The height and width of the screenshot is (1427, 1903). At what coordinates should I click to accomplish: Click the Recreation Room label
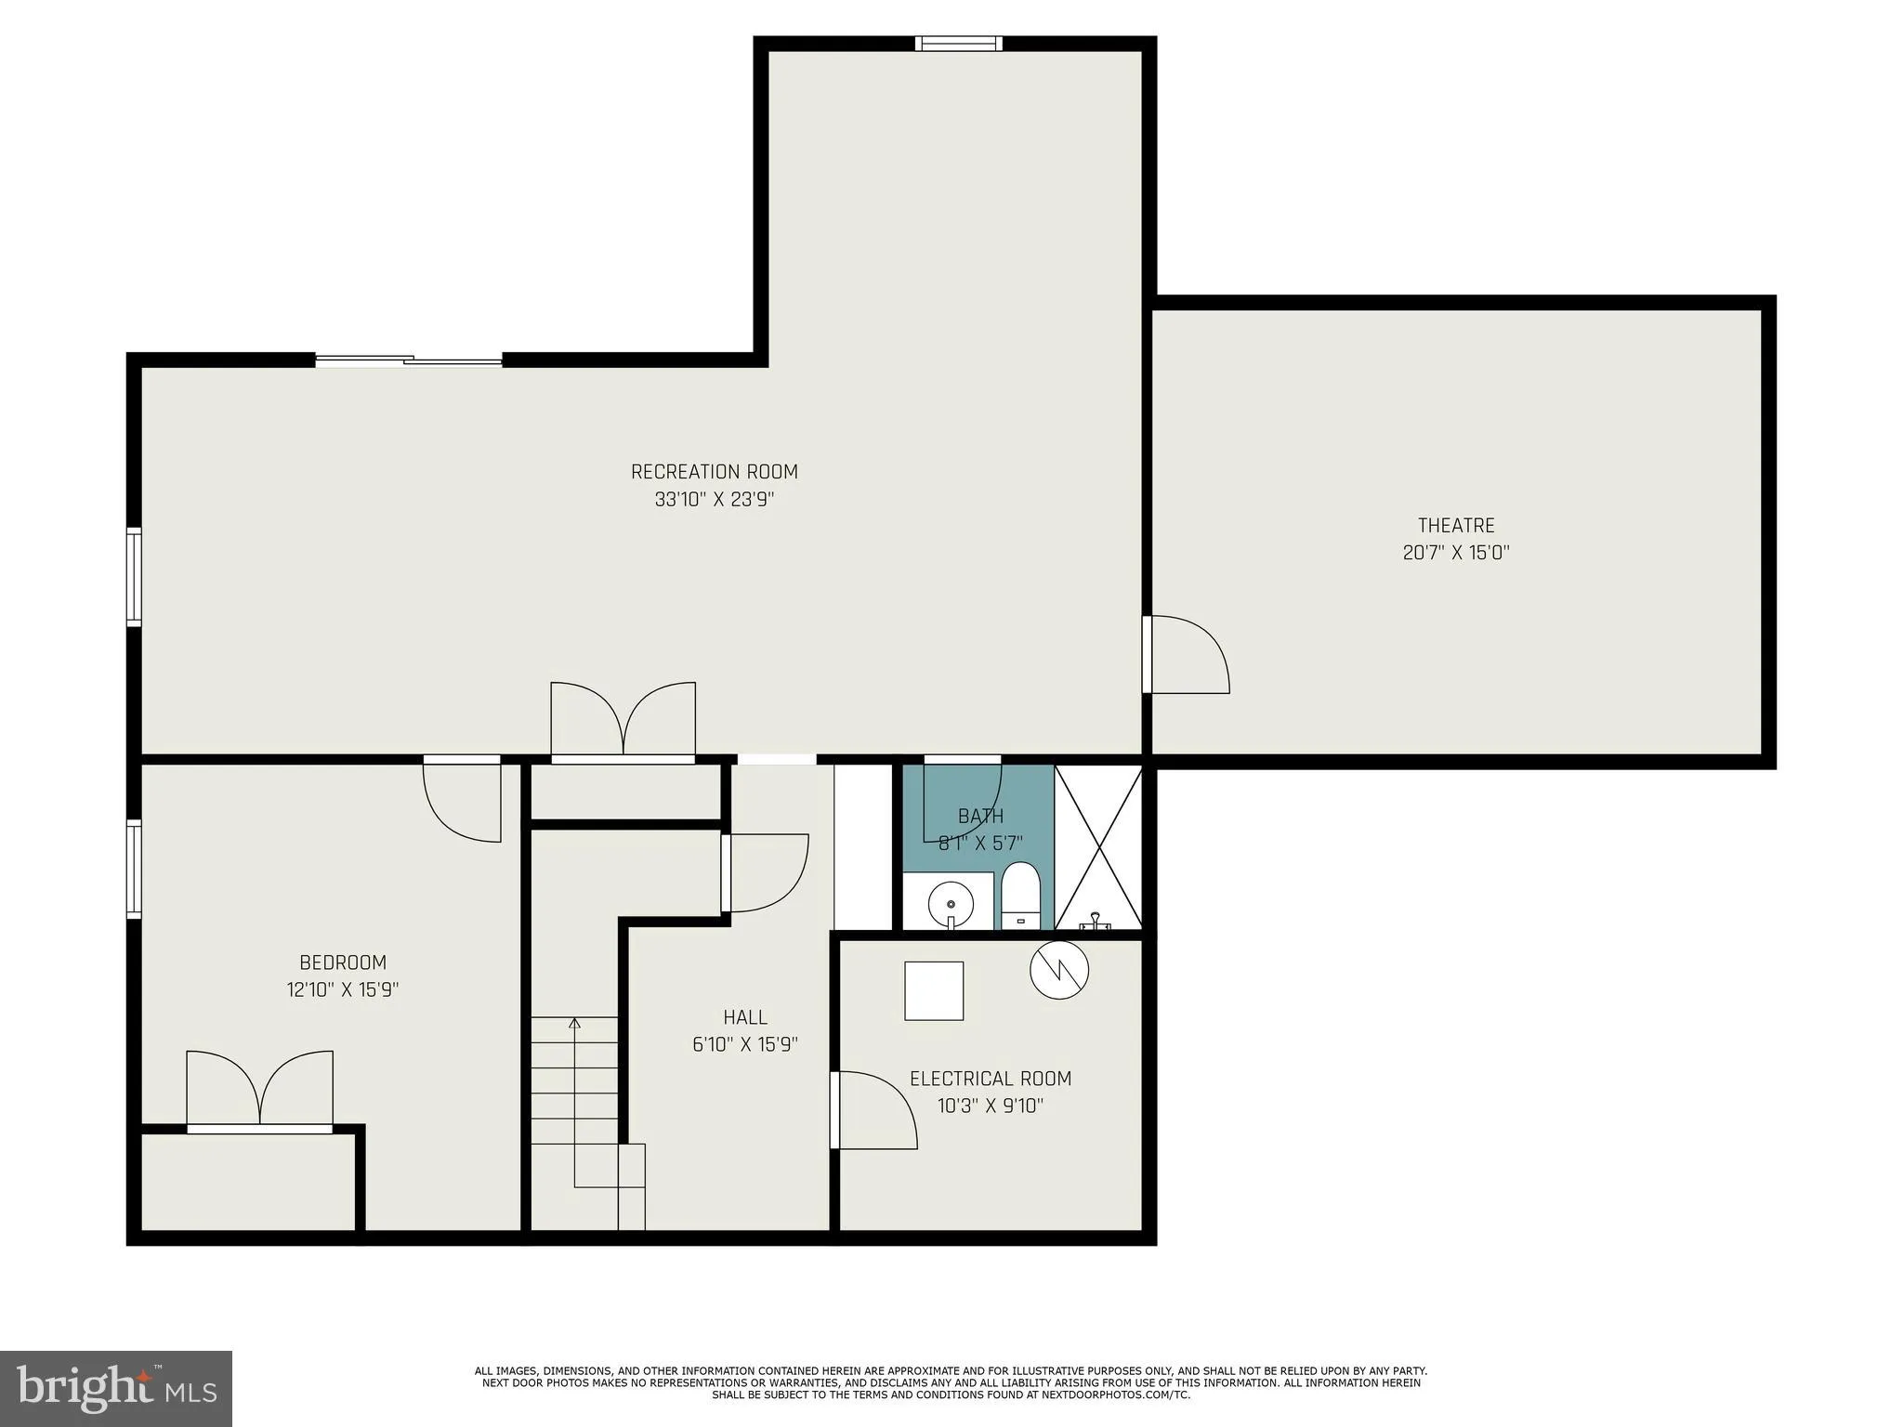(x=714, y=472)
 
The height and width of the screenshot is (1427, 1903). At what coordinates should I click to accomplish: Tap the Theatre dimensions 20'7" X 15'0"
(x=1455, y=553)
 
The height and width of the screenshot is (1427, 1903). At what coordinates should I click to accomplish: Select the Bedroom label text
(x=342, y=962)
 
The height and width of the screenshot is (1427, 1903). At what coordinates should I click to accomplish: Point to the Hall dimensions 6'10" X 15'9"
(x=744, y=1044)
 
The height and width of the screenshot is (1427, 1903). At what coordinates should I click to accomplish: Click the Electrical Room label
(x=990, y=1079)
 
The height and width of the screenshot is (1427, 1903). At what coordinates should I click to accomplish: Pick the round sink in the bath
(x=951, y=902)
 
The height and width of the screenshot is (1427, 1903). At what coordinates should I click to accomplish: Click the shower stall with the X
(x=1098, y=846)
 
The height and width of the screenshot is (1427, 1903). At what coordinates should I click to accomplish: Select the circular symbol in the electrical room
(x=1059, y=970)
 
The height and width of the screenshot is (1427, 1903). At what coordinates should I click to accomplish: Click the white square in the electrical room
(x=934, y=991)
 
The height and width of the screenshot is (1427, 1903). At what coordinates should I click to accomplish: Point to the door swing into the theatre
(x=1188, y=655)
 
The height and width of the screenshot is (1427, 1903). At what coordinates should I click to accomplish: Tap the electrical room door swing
(x=873, y=1110)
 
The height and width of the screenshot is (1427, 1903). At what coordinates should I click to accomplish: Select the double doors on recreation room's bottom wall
(x=623, y=722)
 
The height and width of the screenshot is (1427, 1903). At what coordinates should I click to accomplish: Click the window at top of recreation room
(x=958, y=43)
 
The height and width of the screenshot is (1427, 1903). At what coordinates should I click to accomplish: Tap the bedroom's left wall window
(x=134, y=870)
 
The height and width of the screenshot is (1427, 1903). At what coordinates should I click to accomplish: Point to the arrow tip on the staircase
(x=574, y=1023)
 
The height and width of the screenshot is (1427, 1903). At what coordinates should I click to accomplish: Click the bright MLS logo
(x=116, y=1388)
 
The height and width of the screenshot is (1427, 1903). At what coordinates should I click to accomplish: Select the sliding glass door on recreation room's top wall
(x=409, y=360)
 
